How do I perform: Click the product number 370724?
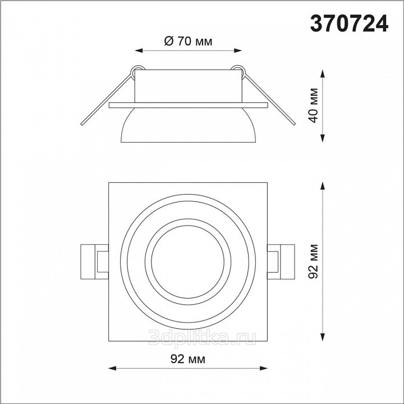coord(349,23)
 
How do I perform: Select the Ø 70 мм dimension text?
coord(188,41)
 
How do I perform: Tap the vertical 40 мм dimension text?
coord(314,105)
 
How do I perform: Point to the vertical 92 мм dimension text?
coord(314,261)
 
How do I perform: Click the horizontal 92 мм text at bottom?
coord(188,359)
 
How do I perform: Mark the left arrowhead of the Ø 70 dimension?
coord(139,50)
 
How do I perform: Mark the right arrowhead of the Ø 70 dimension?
coord(237,50)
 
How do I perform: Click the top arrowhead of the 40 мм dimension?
coord(322,74)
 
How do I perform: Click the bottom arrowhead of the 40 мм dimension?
coord(322,138)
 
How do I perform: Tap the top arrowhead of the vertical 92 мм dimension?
coord(322,186)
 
